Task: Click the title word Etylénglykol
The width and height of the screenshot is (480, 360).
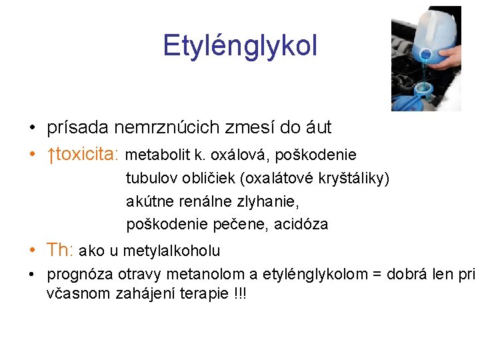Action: [240, 46]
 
